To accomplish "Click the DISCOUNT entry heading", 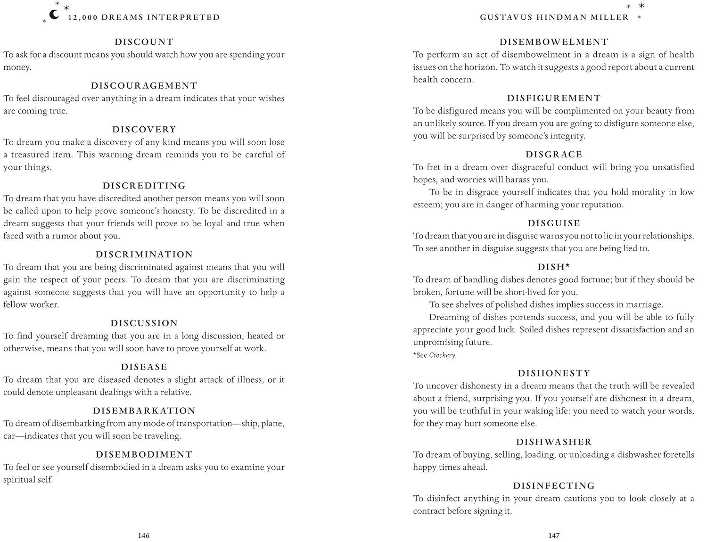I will [x=144, y=42].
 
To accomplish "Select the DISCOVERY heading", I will [x=144, y=130].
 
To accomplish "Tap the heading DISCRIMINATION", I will [x=144, y=255].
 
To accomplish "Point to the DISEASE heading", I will [x=144, y=367].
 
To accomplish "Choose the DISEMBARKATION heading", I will [x=144, y=411].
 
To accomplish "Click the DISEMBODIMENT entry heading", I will [x=144, y=455].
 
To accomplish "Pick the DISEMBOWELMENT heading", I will [x=554, y=42].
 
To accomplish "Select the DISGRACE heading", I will [x=554, y=155].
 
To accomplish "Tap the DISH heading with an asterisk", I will [x=554, y=267].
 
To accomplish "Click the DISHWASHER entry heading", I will [x=554, y=442].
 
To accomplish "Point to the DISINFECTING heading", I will [x=554, y=486].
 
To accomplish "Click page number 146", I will [x=144, y=535].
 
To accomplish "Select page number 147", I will [x=554, y=535].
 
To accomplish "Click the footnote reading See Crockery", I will [x=435, y=355].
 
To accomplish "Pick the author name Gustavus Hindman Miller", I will [x=554, y=17].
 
